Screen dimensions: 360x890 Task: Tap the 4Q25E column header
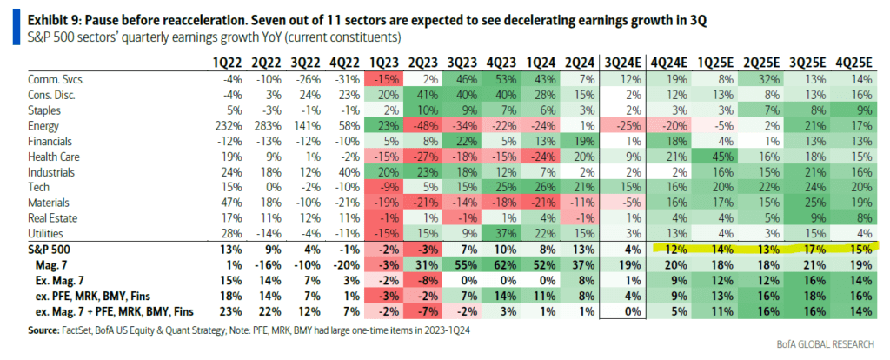coord(853,62)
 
